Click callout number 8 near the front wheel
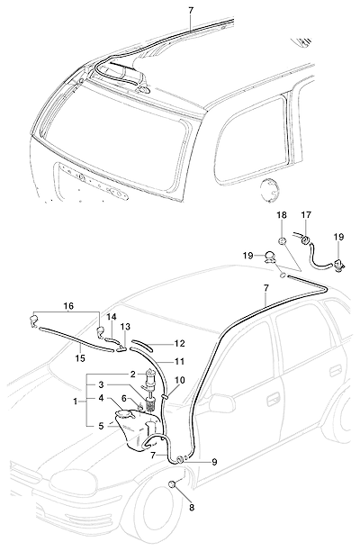[x=192, y=507]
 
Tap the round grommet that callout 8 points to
[x=172, y=484]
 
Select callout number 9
[x=214, y=462]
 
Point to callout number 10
[x=179, y=380]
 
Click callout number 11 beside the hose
[x=179, y=362]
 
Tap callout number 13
[x=125, y=327]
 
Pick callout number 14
[x=112, y=317]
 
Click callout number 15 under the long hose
[x=80, y=358]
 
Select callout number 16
[x=68, y=306]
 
